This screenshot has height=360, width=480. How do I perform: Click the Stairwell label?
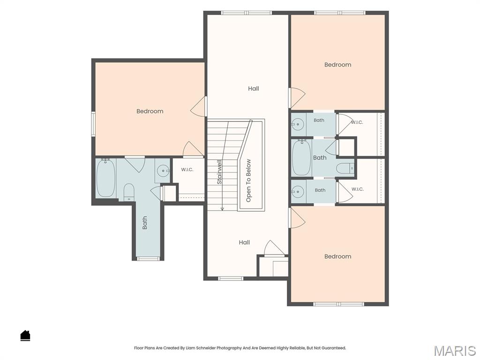pyautogui.click(x=219, y=172)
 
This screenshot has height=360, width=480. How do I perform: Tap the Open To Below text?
pyautogui.click(x=248, y=180)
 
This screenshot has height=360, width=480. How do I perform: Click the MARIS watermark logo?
pyautogui.click(x=455, y=351)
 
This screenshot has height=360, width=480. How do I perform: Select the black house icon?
pyautogui.click(x=25, y=336)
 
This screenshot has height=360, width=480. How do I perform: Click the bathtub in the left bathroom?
pyautogui.click(x=106, y=178)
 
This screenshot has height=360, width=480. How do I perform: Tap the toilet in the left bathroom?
pyautogui.click(x=129, y=192)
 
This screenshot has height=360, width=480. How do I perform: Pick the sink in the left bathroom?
pyautogui.click(x=163, y=171)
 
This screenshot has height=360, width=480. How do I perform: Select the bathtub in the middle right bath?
pyautogui.click(x=302, y=158)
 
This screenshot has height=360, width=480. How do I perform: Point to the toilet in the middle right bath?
pyautogui.click(x=345, y=168)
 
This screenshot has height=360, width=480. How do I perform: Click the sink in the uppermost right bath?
pyautogui.click(x=297, y=124)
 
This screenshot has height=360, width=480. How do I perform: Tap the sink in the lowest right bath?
pyautogui.click(x=297, y=192)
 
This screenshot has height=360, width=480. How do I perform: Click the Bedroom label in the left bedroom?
pyautogui.click(x=150, y=111)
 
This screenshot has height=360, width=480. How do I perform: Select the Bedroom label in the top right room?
pyautogui.click(x=337, y=65)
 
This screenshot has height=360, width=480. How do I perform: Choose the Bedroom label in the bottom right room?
pyautogui.click(x=337, y=256)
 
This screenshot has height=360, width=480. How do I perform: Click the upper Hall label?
pyautogui.click(x=254, y=89)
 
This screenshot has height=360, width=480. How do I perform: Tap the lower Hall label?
pyautogui.click(x=244, y=242)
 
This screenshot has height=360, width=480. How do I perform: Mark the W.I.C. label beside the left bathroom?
pyautogui.click(x=187, y=170)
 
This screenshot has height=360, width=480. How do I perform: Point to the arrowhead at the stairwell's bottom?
pyautogui.click(x=222, y=209)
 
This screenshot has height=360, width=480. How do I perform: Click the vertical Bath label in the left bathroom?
pyautogui.click(x=145, y=223)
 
